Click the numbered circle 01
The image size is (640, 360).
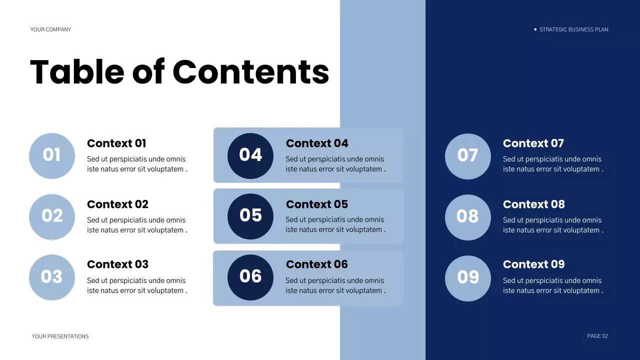pyautogui.click(x=52, y=155)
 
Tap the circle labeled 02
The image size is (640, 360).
pyautogui.click(x=52, y=216)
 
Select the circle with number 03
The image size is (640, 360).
pyautogui.click(x=52, y=277)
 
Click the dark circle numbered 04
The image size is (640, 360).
pyautogui.click(x=250, y=155)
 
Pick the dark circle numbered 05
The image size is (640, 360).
pyautogui.click(x=250, y=216)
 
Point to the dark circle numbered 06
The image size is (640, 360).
pyautogui.click(x=250, y=277)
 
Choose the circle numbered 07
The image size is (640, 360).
pyautogui.click(x=467, y=156)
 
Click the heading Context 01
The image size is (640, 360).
pyautogui.click(x=116, y=143)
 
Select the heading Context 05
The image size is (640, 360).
pyautogui.click(x=316, y=204)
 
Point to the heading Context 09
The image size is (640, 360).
pyautogui.click(x=533, y=264)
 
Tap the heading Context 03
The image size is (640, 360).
pyautogui.click(x=117, y=264)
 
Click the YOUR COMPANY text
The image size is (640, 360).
pyautogui.click(x=50, y=29)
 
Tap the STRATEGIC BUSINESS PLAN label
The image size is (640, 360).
pyautogui.click(x=573, y=29)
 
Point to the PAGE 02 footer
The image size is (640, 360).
pyautogui.click(x=597, y=336)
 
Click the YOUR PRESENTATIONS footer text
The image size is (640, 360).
pyautogui.click(x=60, y=336)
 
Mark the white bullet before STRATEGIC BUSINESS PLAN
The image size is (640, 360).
pyautogui.click(x=535, y=29)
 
